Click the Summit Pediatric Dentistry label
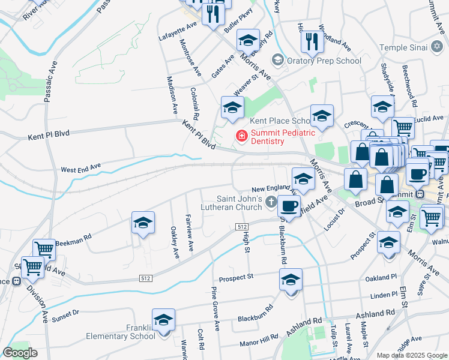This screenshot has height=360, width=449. tap(268, 136)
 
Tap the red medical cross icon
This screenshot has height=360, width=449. tap(242, 137)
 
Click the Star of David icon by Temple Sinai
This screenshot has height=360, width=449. tap(437, 46)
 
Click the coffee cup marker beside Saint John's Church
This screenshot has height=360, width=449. tap(289, 206)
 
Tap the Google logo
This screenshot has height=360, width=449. tap(20, 352)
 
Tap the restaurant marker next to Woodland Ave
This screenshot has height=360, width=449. tap(311, 41)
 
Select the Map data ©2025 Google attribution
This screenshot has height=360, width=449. tap(411, 355)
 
